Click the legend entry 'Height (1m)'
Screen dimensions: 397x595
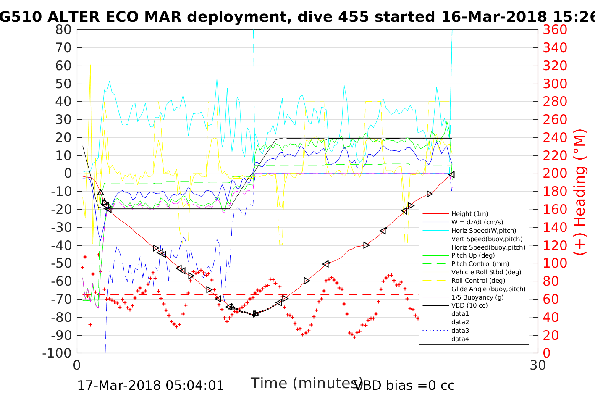click(x=469, y=214)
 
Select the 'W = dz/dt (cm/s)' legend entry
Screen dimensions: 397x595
click(x=477, y=222)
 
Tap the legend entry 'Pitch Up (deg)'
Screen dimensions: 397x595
click(x=473, y=255)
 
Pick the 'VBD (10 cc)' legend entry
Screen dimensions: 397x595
click(x=469, y=305)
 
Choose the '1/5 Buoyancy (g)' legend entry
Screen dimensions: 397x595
click(x=477, y=297)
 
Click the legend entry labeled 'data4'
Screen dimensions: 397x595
click(x=460, y=339)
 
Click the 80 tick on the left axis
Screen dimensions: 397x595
click(x=63, y=30)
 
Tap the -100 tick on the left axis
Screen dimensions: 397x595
click(x=58, y=353)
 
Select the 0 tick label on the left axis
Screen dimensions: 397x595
click(x=68, y=174)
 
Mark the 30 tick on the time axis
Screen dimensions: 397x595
click(x=538, y=365)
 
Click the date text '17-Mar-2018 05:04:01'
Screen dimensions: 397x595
click(x=150, y=385)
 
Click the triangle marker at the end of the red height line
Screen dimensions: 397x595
click(x=451, y=174)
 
